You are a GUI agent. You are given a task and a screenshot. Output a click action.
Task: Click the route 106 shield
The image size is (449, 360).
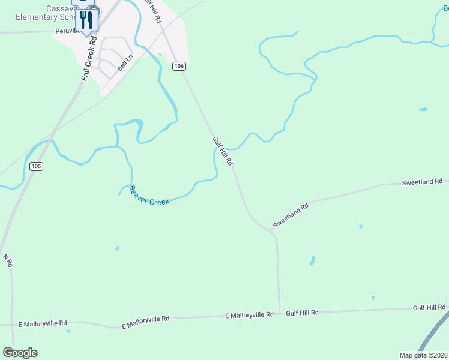[178, 66]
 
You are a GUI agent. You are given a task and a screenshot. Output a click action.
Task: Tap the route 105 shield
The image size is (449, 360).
[36, 166]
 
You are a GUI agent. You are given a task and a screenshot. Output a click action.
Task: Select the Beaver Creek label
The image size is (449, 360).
[149, 195]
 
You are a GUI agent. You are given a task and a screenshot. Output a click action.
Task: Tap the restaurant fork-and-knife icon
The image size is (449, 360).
[87, 20]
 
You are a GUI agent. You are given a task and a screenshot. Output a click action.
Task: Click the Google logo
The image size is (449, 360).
[20, 353]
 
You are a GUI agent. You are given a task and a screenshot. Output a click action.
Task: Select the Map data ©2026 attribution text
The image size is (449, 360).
[423, 355]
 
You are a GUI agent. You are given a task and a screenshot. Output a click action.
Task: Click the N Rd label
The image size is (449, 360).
[8, 260]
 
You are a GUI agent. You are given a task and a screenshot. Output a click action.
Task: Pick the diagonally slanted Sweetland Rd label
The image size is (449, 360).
[290, 215]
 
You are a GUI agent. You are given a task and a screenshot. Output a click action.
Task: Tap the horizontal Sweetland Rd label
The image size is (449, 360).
[421, 181]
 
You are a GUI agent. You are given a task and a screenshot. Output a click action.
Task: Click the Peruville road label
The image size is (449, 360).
[68, 31]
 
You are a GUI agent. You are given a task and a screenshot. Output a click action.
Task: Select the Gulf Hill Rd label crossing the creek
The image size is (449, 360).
[222, 151]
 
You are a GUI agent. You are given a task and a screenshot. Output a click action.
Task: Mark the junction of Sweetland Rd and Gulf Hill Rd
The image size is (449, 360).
[274, 232]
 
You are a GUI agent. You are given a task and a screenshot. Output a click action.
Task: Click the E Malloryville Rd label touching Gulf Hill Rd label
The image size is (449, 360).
[249, 315]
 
